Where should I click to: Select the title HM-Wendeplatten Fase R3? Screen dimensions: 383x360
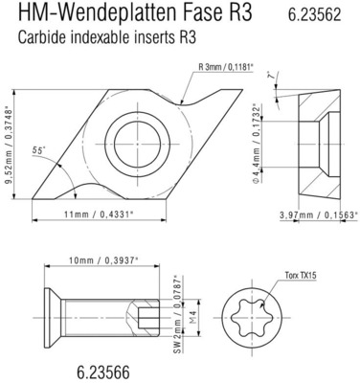click(x=135, y=16)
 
